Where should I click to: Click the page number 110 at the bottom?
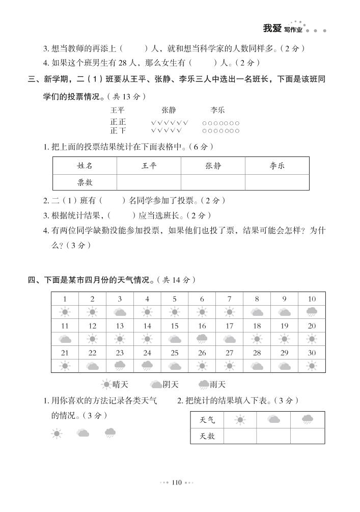tap(177, 482)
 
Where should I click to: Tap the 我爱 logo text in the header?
tap(272, 29)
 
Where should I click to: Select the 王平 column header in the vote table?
tap(149, 166)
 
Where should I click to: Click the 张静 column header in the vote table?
tap(213, 166)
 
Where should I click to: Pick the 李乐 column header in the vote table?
tap(277, 166)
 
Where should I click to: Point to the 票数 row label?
tap(85, 182)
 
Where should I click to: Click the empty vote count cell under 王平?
tap(149, 182)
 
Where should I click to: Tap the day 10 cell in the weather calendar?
tap(312, 299)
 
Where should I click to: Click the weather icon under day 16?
tap(202, 339)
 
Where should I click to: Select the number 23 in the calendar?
tap(120, 353)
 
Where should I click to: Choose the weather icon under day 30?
tap(312, 365)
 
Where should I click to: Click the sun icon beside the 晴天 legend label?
tap(106, 385)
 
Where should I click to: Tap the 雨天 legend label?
tap(217, 385)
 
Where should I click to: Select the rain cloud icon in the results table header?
tap(307, 420)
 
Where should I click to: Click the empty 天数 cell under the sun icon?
tap(240, 436)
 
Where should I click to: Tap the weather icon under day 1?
tap(65, 312)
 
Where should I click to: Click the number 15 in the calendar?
tap(175, 326)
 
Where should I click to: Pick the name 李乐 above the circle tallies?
tap(217, 110)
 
